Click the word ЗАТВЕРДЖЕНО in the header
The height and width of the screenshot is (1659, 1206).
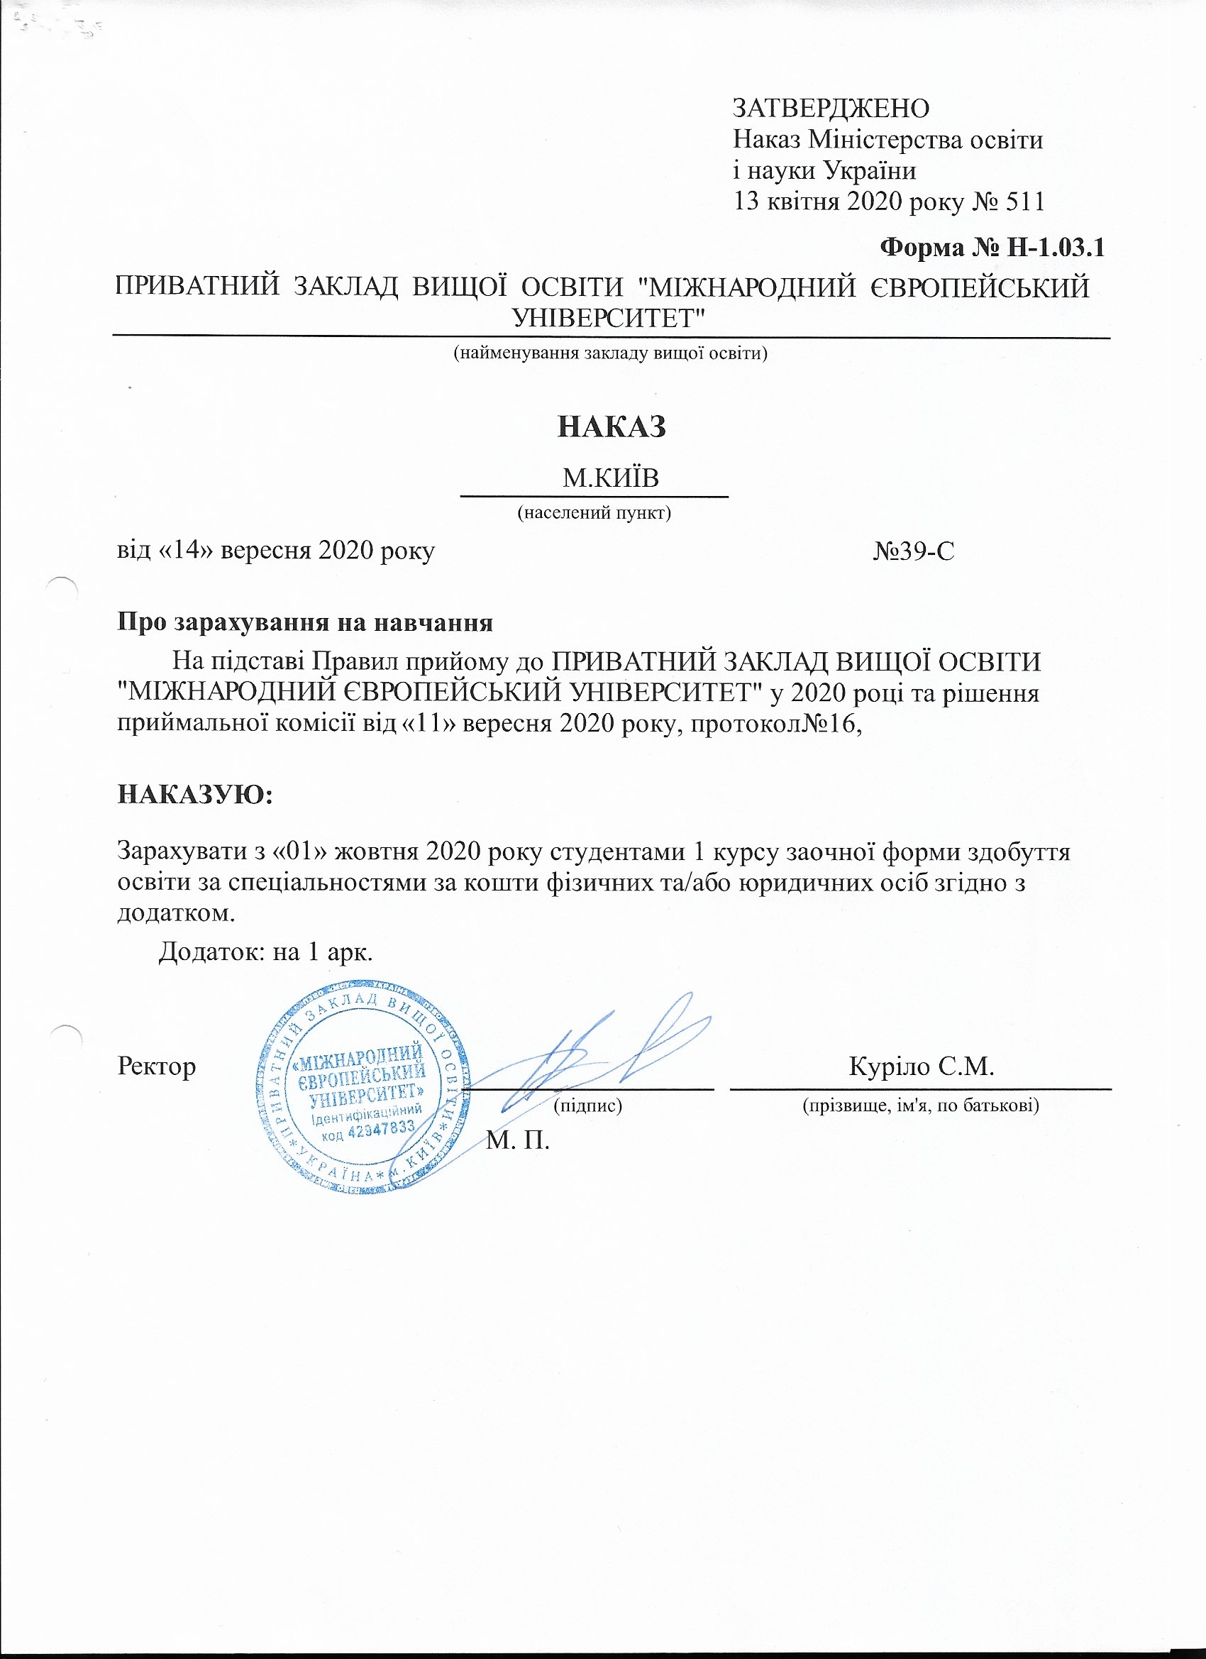[831, 109]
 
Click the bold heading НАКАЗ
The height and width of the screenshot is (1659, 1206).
[612, 426]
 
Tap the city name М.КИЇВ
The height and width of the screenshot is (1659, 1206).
[610, 479]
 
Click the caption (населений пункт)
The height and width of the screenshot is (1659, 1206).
[594, 512]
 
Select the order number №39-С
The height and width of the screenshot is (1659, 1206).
[914, 551]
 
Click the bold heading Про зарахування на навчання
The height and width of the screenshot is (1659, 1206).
[305, 623]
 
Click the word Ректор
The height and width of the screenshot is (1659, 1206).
[157, 1066]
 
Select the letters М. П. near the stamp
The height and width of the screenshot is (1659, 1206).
[518, 1140]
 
